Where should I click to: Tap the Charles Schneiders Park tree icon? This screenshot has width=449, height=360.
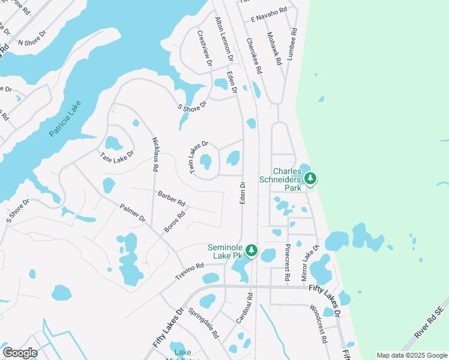tap(310, 178)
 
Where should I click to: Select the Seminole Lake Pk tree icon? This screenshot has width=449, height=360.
tap(252, 250)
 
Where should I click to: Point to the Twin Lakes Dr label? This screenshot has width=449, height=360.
tap(198, 158)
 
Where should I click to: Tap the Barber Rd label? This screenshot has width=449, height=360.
tap(172, 199)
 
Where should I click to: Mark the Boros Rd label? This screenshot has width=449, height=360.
tap(175, 222)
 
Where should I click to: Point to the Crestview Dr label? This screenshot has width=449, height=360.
tap(205, 49)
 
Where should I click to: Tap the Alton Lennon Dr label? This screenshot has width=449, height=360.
tap(223, 41)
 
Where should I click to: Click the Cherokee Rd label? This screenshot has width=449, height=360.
tap(254, 56)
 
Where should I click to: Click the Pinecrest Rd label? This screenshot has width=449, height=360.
tap(288, 262)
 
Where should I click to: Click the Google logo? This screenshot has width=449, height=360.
tap(20, 353)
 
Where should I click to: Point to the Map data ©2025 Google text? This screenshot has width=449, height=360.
tap(411, 355)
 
